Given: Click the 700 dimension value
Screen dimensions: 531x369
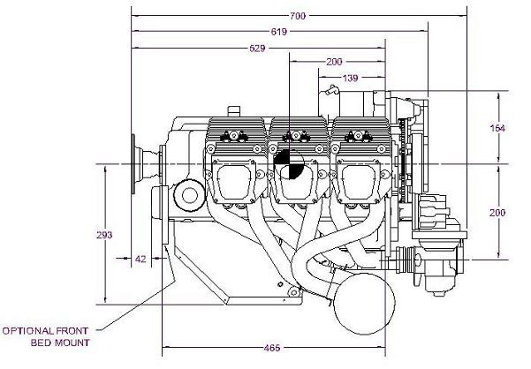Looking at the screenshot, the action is pyautogui.click(x=298, y=16).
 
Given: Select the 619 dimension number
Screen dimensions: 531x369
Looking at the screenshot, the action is pyautogui.click(x=278, y=32).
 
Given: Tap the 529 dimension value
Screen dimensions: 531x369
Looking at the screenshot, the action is pyautogui.click(x=257, y=49).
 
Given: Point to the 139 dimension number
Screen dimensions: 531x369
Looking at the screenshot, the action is pyautogui.click(x=350, y=79).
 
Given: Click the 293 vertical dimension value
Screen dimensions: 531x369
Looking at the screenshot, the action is pyautogui.click(x=104, y=235).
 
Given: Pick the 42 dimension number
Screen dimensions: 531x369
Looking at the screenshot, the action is pyautogui.click(x=140, y=259).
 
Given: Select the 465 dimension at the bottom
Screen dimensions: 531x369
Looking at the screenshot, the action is pyautogui.click(x=272, y=348).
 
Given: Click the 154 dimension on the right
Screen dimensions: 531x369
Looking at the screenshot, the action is pyautogui.click(x=497, y=128).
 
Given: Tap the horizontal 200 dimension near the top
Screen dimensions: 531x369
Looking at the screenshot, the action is pyautogui.click(x=334, y=62).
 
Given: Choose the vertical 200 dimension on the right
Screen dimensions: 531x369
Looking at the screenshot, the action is pyautogui.click(x=497, y=213).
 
